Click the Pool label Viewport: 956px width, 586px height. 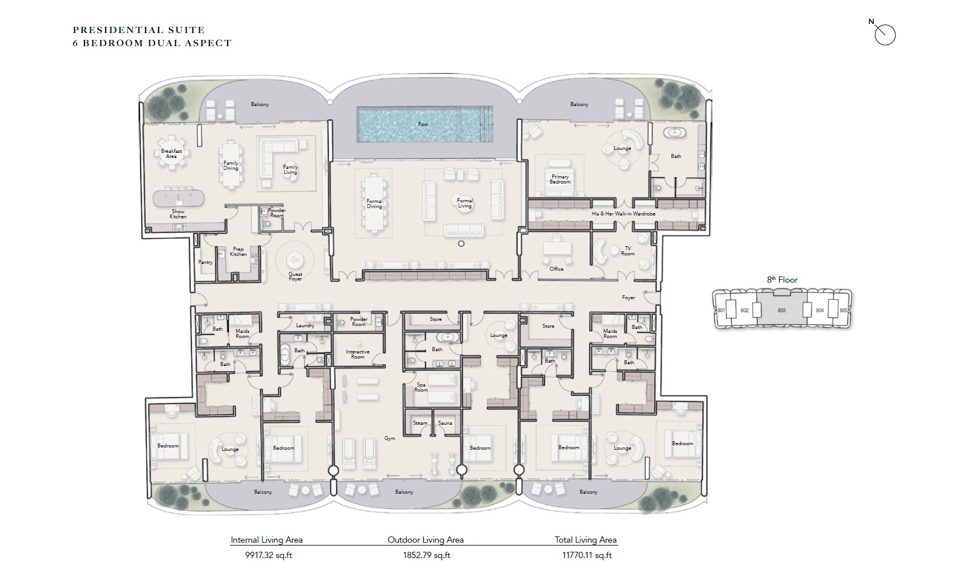pyautogui.click(x=423, y=124)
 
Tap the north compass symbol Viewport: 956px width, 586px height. pyautogui.click(x=885, y=35)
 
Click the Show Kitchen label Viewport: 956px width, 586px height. pyautogui.click(x=178, y=214)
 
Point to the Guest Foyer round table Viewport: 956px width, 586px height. pyautogui.click(x=295, y=260)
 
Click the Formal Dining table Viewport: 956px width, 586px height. pyautogui.click(x=374, y=204)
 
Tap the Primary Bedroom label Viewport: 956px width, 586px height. pyautogui.click(x=560, y=179)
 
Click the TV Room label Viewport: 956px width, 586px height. pyautogui.click(x=627, y=251)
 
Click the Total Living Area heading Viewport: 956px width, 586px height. pyautogui.click(x=585, y=539)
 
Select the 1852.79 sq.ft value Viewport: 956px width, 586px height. pyautogui.click(x=426, y=555)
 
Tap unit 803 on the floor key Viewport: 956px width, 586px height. pyautogui.click(x=781, y=310)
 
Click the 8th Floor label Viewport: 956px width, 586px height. pyautogui.click(x=782, y=280)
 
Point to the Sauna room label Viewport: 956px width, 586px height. pyautogui.click(x=445, y=423)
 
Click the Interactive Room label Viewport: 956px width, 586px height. pyautogui.click(x=358, y=354)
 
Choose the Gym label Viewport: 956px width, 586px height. pyautogui.click(x=390, y=438)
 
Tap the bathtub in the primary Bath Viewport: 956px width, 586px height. pyautogui.click(x=675, y=133)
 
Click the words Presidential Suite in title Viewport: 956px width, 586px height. pyautogui.click(x=139, y=30)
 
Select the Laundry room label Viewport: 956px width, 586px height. pyautogui.click(x=305, y=325)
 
